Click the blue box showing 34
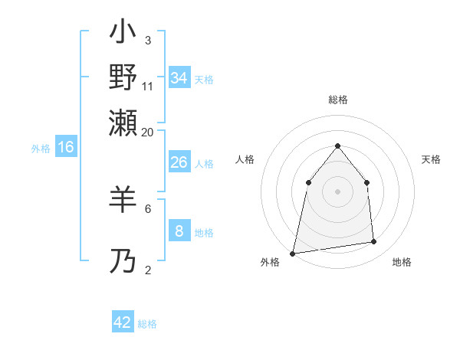(179, 78)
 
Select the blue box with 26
(179, 162)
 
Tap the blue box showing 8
(179, 231)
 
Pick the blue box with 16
(66, 147)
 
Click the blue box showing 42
(123, 322)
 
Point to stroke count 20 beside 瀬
(147, 132)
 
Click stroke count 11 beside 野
(148, 86)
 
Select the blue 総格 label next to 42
(147, 324)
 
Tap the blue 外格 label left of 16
(40, 149)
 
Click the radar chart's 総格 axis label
(337, 100)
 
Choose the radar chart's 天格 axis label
(431, 159)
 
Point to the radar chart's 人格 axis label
(245, 159)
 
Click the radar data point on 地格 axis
(374, 242)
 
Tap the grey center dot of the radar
(337, 191)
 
